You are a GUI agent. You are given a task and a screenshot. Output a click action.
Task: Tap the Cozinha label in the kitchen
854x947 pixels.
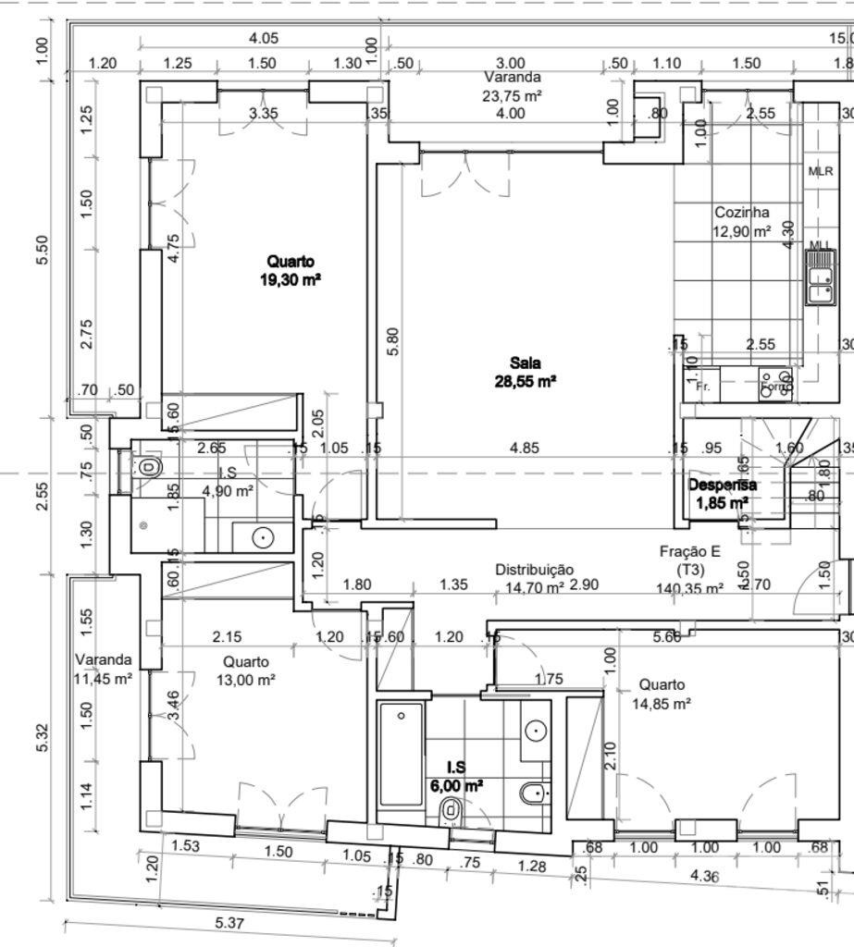tap(741, 213)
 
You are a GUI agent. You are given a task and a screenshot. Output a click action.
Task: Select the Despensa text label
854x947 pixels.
tap(722, 485)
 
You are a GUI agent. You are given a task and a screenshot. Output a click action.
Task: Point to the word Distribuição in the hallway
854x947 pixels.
tap(534, 570)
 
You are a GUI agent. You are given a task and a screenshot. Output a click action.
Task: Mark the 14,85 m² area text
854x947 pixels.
tap(662, 703)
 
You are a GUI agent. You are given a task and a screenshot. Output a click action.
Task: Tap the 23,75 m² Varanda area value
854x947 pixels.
tap(512, 95)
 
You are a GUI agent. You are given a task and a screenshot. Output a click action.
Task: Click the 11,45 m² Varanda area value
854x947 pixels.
tap(102, 678)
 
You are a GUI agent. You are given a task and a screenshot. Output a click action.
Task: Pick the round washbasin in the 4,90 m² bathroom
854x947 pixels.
tap(263, 535)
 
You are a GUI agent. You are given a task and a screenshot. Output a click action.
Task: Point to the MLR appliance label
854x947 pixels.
tap(821, 171)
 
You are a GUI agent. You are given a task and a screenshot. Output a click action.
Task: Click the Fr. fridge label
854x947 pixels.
tap(703, 387)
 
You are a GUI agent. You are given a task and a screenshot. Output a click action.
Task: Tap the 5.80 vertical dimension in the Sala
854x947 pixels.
tap(392, 344)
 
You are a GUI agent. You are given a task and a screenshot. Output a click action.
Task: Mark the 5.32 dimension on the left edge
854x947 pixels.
tap(43, 736)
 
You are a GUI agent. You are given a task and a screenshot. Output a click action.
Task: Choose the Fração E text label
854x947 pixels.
tap(689, 551)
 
